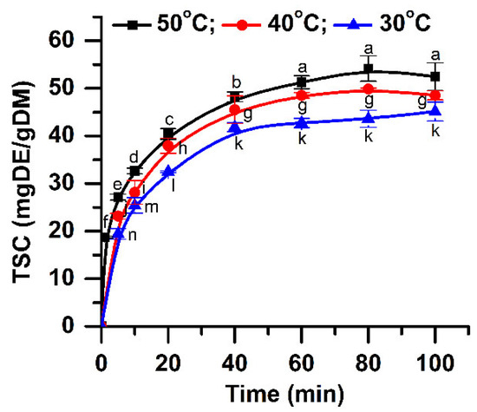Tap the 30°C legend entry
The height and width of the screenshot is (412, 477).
(358, 16)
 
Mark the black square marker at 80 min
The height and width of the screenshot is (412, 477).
(369, 69)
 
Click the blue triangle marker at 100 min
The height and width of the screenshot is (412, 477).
(435, 111)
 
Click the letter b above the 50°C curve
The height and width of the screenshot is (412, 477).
(236, 82)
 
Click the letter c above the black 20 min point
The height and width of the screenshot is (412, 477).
(169, 119)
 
